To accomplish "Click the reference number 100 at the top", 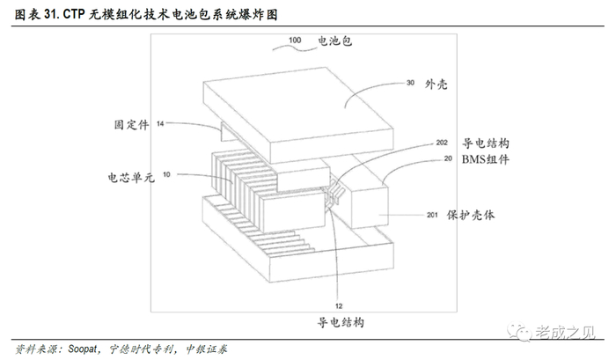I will (295, 40).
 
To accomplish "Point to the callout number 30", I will (410, 84).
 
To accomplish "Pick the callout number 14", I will (160, 124).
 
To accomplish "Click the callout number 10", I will (167, 174).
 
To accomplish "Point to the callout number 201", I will (433, 214).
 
